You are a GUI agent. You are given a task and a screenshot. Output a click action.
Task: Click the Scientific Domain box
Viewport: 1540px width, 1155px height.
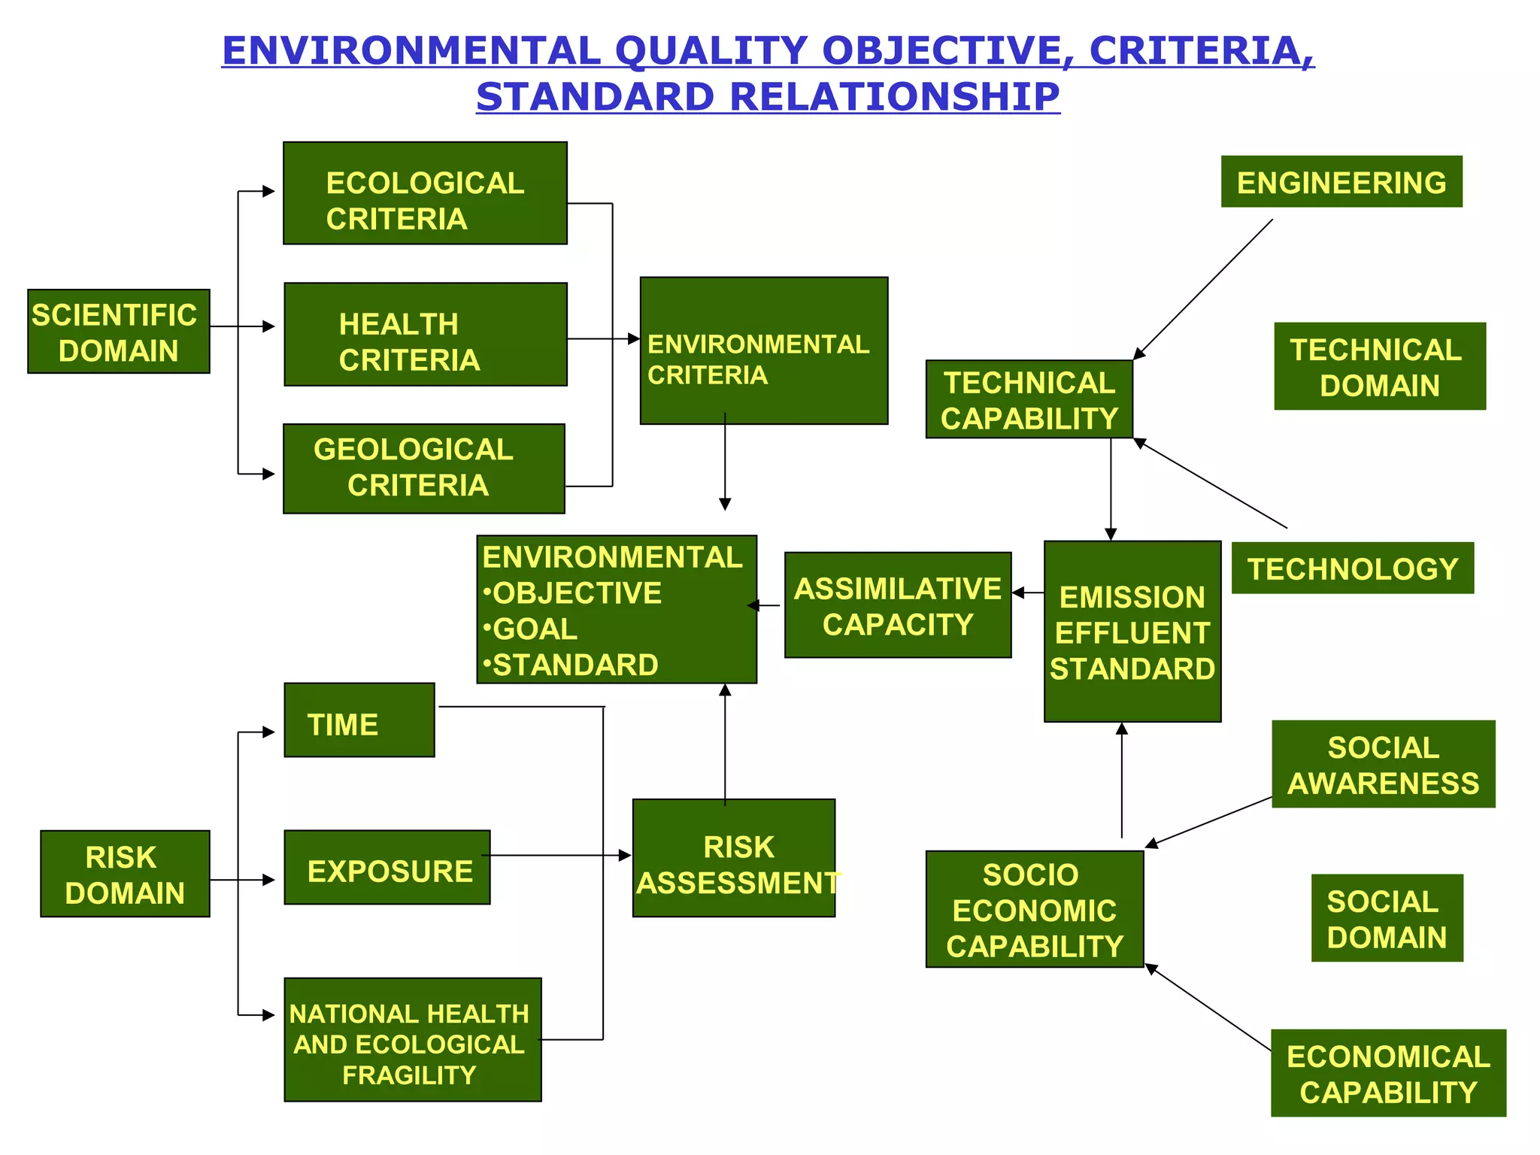pos(119,332)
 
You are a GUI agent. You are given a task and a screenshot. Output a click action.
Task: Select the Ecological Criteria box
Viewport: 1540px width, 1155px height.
pos(425,193)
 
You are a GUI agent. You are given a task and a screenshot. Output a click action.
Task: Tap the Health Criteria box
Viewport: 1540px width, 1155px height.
pos(425,335)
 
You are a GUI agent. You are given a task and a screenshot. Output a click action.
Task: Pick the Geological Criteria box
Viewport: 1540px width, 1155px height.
pos(423,468)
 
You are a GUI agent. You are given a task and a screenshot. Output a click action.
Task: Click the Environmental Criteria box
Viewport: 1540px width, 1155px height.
pos(763,351)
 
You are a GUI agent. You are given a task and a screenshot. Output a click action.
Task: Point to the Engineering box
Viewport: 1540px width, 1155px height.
pos(1341,182)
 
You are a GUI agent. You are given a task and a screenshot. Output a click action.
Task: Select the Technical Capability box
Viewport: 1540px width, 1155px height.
pos(1029,399)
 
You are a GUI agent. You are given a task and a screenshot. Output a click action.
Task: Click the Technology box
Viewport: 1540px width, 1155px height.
pos(1352,568)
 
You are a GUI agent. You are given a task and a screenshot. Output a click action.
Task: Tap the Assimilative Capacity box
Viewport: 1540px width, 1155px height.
pos(897,605)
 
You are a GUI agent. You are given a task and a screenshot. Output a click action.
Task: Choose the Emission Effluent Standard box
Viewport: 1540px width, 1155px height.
pos(1132,632)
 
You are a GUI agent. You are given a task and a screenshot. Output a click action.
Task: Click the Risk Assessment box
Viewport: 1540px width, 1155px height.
pos(734,858)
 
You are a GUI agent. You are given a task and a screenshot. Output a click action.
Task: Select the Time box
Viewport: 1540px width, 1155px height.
pos(359,720)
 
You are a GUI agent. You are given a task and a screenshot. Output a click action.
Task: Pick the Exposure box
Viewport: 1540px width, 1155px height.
pos(387,868)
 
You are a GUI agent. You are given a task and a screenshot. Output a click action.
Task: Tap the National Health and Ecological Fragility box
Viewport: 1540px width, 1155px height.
pos(412,1040)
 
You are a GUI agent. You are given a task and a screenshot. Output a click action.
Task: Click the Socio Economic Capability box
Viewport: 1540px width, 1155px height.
pos(1034,909)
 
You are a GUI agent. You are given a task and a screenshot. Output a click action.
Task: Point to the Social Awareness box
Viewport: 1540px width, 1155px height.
pos(1383,764)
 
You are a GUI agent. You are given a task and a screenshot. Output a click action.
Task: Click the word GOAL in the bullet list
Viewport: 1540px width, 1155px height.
pos(535,629)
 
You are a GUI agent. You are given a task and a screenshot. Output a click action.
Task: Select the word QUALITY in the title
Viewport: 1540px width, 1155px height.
pos(711,51)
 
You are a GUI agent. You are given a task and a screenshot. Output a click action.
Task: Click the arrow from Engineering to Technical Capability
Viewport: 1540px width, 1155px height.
pos(1203,290)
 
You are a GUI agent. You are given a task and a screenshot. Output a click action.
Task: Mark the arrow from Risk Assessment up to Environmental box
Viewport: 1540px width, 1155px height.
pos(725,744)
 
